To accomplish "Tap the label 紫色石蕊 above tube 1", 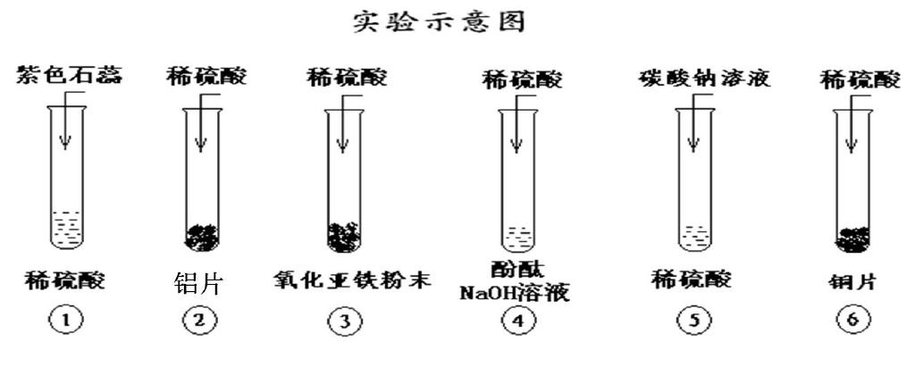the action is [x=69, y=75].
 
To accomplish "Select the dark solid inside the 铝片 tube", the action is [x=201, y=237].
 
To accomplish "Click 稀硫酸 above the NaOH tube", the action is [x=524, y=80].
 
